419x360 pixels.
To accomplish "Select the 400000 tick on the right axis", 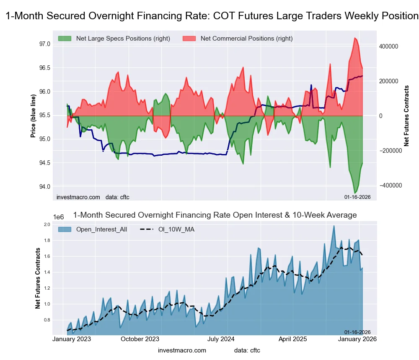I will click(x=389, y=46).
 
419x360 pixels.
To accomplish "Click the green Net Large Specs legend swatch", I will click(x=65, y=39).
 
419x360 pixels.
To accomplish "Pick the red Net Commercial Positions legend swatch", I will click(x=189, y=39).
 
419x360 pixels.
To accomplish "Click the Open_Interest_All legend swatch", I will click(x=65, y=229).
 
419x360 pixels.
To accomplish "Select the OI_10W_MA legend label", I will click(x=176, y=229).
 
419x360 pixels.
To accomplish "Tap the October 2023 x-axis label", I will click(x=140, y=339).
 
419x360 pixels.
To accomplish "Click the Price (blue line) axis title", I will click(x=33, y=116).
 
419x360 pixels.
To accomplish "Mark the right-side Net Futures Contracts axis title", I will click(x=406, y=116).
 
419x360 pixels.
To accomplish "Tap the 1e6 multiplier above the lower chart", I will click(x=58, y=217).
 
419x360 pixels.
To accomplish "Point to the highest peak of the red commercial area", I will click(x=355, y=38).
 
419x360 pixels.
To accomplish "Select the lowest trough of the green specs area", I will click(x=355, y=193).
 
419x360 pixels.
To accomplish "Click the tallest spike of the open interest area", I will click(x=334, y=226).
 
